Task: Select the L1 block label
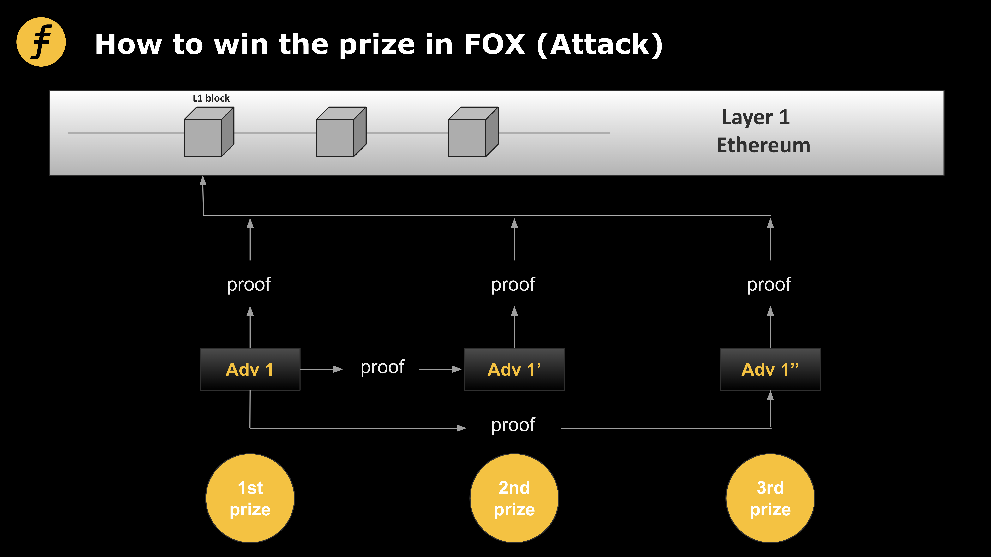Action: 211,98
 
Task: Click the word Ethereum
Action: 763,145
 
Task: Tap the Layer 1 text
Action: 756,117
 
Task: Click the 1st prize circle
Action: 250,498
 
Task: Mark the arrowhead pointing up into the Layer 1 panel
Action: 203,181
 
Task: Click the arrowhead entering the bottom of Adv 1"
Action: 770,396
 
